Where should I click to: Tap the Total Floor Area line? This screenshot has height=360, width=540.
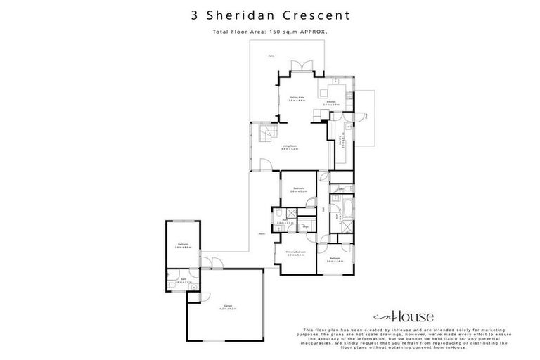coord(270,32)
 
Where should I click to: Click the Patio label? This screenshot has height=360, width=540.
coord(271,56)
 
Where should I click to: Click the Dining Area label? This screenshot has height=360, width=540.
coord(296,98)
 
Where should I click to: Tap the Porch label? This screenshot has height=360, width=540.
coord(261,233)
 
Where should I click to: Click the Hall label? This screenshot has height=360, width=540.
coord(324,209)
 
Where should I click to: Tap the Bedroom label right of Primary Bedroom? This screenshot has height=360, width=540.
coord(335,259)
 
